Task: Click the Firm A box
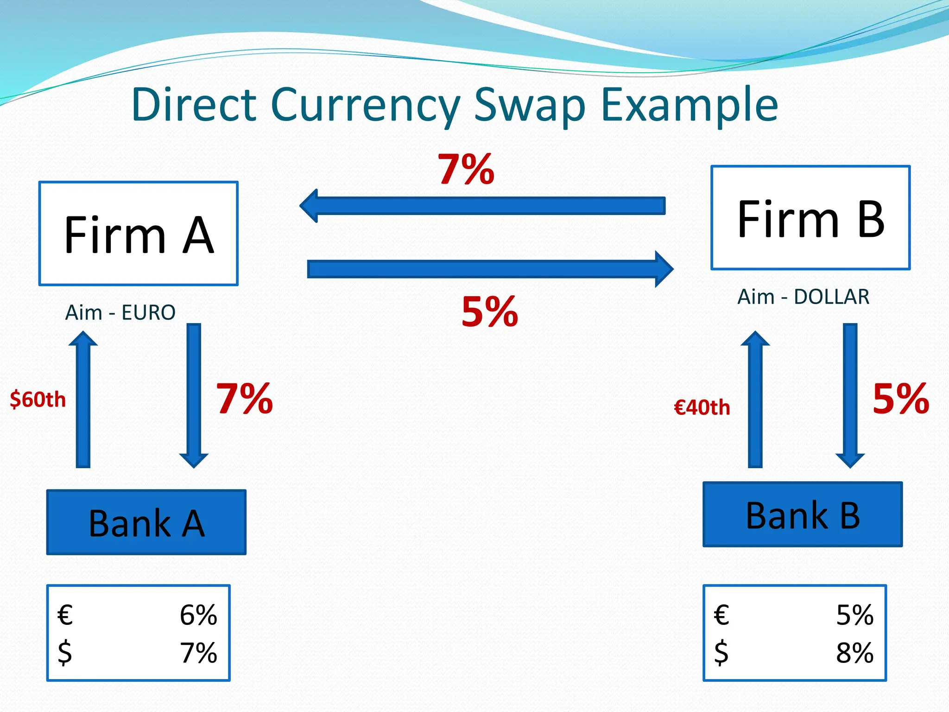click(139, 234)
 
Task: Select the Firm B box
click(810, 218)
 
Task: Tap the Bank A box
click(146, 522)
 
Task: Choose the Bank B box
click(803, 515)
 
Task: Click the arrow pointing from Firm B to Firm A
click(482, 206)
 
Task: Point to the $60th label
click(38, 400)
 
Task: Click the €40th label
click(702, 407)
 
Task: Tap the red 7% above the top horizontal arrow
click(466, 169)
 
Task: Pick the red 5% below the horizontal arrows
click(490, 312)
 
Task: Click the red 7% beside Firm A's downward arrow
click(245, 399)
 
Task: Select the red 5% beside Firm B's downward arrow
click(901, 399)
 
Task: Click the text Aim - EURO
click(120, 312)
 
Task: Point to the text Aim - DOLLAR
click(803, 297)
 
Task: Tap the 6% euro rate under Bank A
click(198, 615)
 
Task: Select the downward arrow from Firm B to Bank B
click(850, 395)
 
